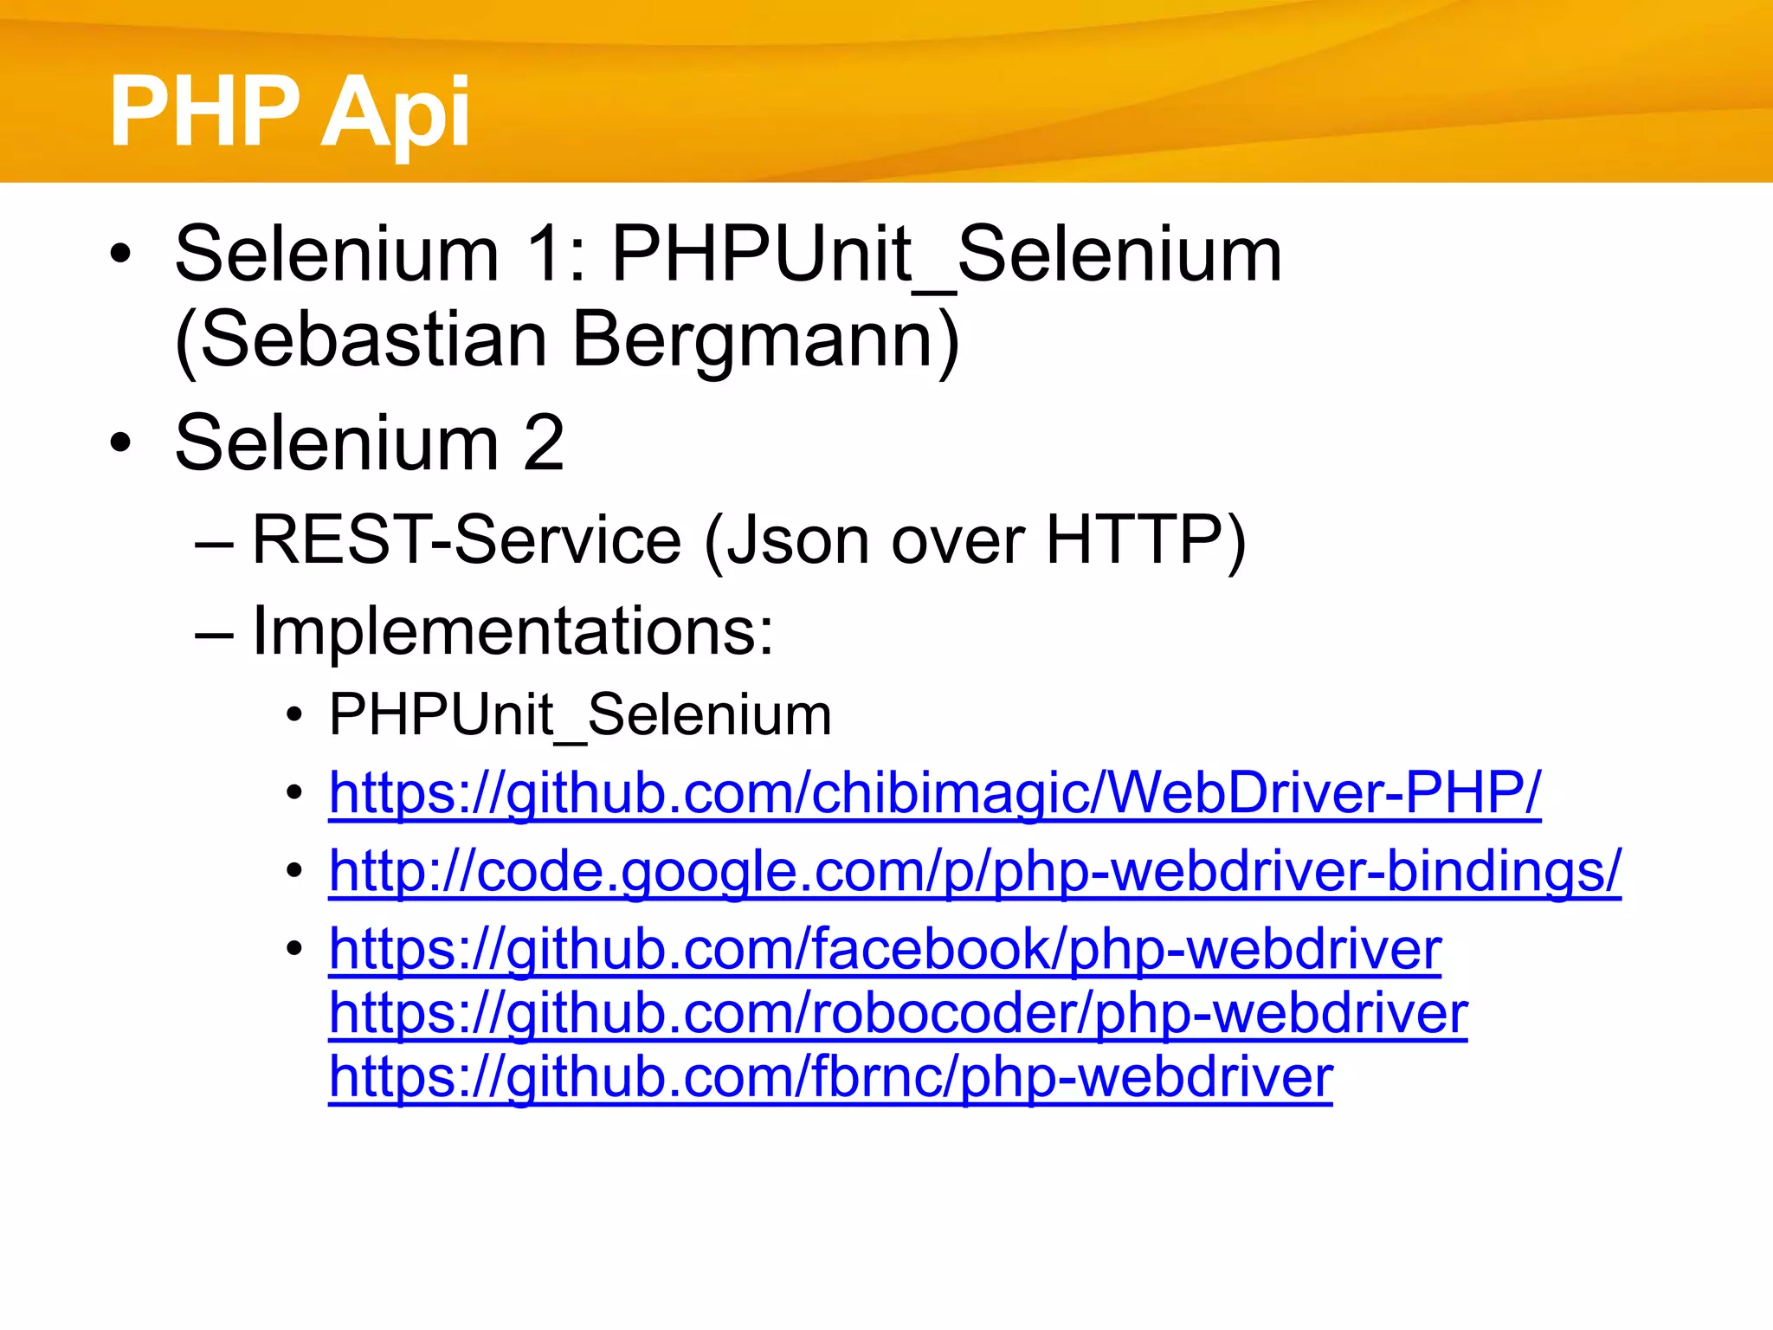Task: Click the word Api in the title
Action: [x=396, y=113]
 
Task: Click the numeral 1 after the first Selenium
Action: [x=545, y=254]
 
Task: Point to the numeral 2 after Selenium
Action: [x=544, y=442]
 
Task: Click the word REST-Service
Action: [x=467, y=539]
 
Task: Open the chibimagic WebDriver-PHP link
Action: [x=934, y=791]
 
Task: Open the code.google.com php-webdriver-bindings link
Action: [x=974, y=869]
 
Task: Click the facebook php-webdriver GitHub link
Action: [x=885, y=949]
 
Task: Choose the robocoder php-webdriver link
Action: [x=898, y=1012]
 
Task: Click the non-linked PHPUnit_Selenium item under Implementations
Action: [x=580, y=715]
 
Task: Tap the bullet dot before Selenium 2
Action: [x=121, y=443]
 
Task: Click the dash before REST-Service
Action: [x=214, y=543]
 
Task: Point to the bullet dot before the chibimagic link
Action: [x=295, y=793]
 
